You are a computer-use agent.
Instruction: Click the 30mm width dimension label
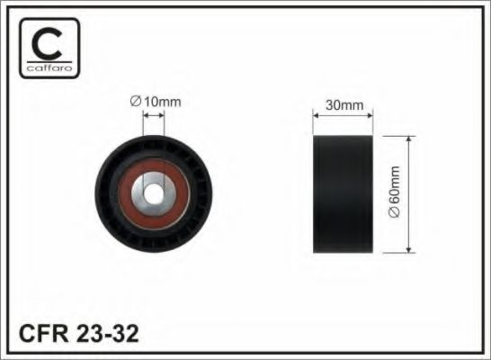pyautogui.click(x=344, y=104)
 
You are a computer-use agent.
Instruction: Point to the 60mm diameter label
pyautogui.click(x=393, y=193)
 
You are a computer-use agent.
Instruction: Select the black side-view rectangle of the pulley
pyautogui.click(x=344, y=193)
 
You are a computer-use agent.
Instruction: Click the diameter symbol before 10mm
pyautogui.click(x=135, y=102)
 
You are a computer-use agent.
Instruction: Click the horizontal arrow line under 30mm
pyautogui.click(x=344, y=114)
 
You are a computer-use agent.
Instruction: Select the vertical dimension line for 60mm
pyautogui.click(x=409, y=193)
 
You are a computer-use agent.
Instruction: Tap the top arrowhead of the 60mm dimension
pyautogui.click(x=409, y=140)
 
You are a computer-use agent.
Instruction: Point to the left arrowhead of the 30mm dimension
pyautogui.click(x=315, y=114)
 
